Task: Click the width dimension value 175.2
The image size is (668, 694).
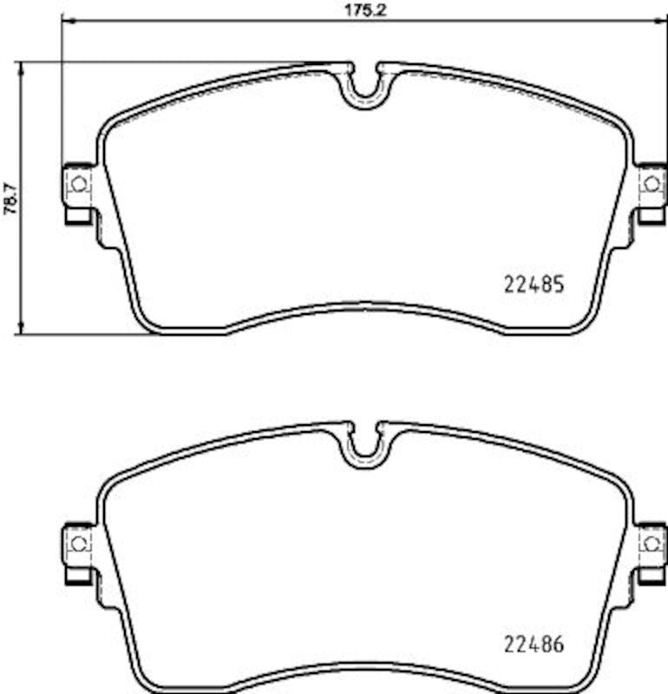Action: pyautogui.click(x=365, y=10)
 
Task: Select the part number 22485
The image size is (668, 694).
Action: pyautogui.click(x=534, y=285)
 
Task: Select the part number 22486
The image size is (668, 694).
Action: pyautogui.click(x=534, y=644)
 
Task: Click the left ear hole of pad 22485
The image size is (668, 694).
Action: pyautogui.click(x=80, y=184)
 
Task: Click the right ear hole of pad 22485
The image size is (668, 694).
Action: pyautogui.click(x=652, y=184)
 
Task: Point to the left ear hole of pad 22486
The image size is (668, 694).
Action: pyautogui.click(x=80, y=544)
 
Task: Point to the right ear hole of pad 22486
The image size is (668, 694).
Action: pyautogui.click(x=652, y=544)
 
